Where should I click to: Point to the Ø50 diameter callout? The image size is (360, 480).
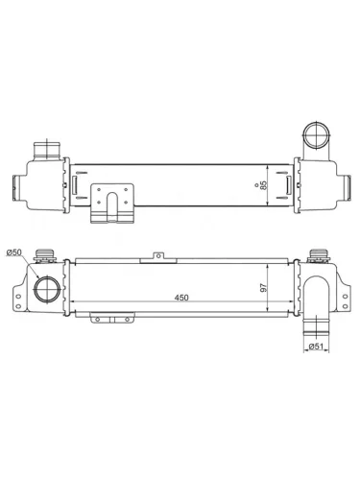(14, 252)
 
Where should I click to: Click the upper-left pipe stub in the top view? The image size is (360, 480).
(44, 151)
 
